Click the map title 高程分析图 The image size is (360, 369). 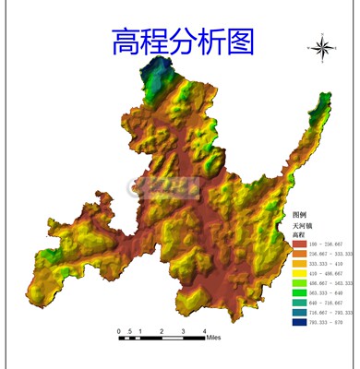[x=182, y=41]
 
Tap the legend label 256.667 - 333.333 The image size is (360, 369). [x=330, y=255]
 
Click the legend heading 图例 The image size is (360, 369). [x=299, y=214]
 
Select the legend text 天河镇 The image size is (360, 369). [x=302, y=225]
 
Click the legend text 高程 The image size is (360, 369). [x=298, y=235]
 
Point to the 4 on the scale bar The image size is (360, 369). [x=204, y=329]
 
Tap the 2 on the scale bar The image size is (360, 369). [x=162, y=329]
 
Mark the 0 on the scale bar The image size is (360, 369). [x=119, y=329]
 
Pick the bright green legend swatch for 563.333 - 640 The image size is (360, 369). [x=299, y=293]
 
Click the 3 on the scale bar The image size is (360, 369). [x=183, y=329]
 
